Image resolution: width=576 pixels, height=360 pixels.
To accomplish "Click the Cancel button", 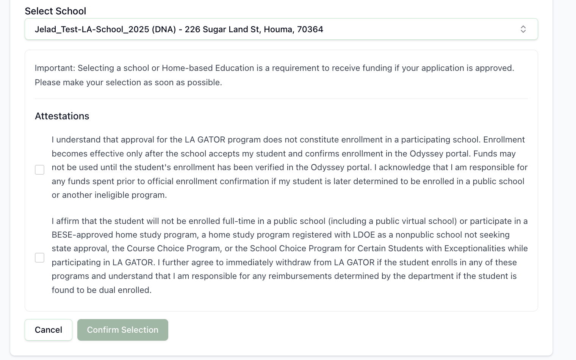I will [x=49, y=330].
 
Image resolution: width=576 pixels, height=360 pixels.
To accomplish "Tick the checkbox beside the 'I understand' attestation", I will [x=40, y=170].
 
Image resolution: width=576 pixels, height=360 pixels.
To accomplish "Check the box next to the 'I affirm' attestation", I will [x=40, y=258].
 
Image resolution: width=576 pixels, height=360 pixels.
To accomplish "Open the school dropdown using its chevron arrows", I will [x=523, y=29].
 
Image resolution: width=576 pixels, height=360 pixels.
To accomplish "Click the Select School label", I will [x=55, y=11].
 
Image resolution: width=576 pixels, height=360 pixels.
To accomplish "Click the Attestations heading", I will [x=62, y=116].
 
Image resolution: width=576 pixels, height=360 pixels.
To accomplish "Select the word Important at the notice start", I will [x=55, y=68].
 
